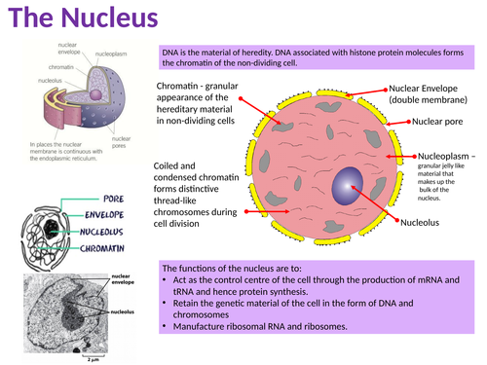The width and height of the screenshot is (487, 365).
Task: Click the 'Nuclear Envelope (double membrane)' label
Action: tap(428, 93)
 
